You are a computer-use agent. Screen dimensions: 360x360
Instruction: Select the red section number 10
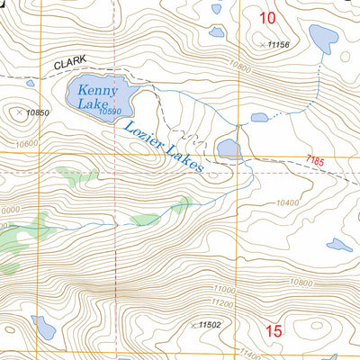tap(267, 17)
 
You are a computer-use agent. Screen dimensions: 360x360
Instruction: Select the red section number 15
tap(274, 331)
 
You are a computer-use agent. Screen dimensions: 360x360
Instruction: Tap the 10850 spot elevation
tap(36, 112)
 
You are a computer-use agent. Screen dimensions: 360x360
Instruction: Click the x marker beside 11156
tap(263, 44)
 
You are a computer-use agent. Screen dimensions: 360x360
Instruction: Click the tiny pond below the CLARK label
tap(30, 83)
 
